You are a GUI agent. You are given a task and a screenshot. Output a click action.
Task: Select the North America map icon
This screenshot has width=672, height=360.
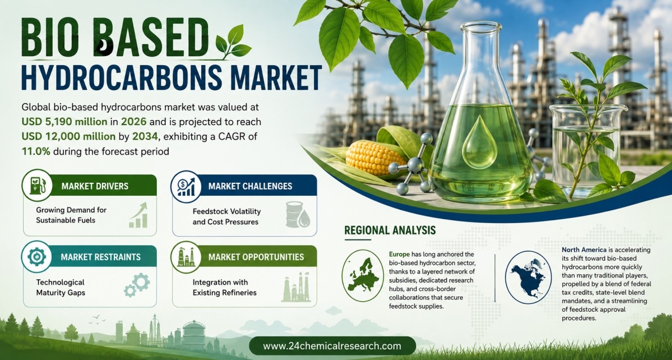528,277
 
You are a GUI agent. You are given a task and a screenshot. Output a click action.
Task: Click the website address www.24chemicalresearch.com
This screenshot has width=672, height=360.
332,346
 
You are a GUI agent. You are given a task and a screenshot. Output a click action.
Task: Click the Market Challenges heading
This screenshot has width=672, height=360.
250,186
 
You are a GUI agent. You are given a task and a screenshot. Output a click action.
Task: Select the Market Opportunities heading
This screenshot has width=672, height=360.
256,257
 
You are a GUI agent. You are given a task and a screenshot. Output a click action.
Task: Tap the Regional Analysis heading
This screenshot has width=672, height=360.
390,230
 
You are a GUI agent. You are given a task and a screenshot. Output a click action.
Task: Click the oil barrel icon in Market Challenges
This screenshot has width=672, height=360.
297,215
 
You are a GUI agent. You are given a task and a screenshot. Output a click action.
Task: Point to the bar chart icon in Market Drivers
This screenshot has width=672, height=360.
138,215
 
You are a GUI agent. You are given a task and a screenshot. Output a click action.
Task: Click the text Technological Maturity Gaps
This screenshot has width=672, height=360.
61,288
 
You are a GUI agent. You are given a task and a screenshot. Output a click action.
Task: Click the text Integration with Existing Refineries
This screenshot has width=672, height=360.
225,288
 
